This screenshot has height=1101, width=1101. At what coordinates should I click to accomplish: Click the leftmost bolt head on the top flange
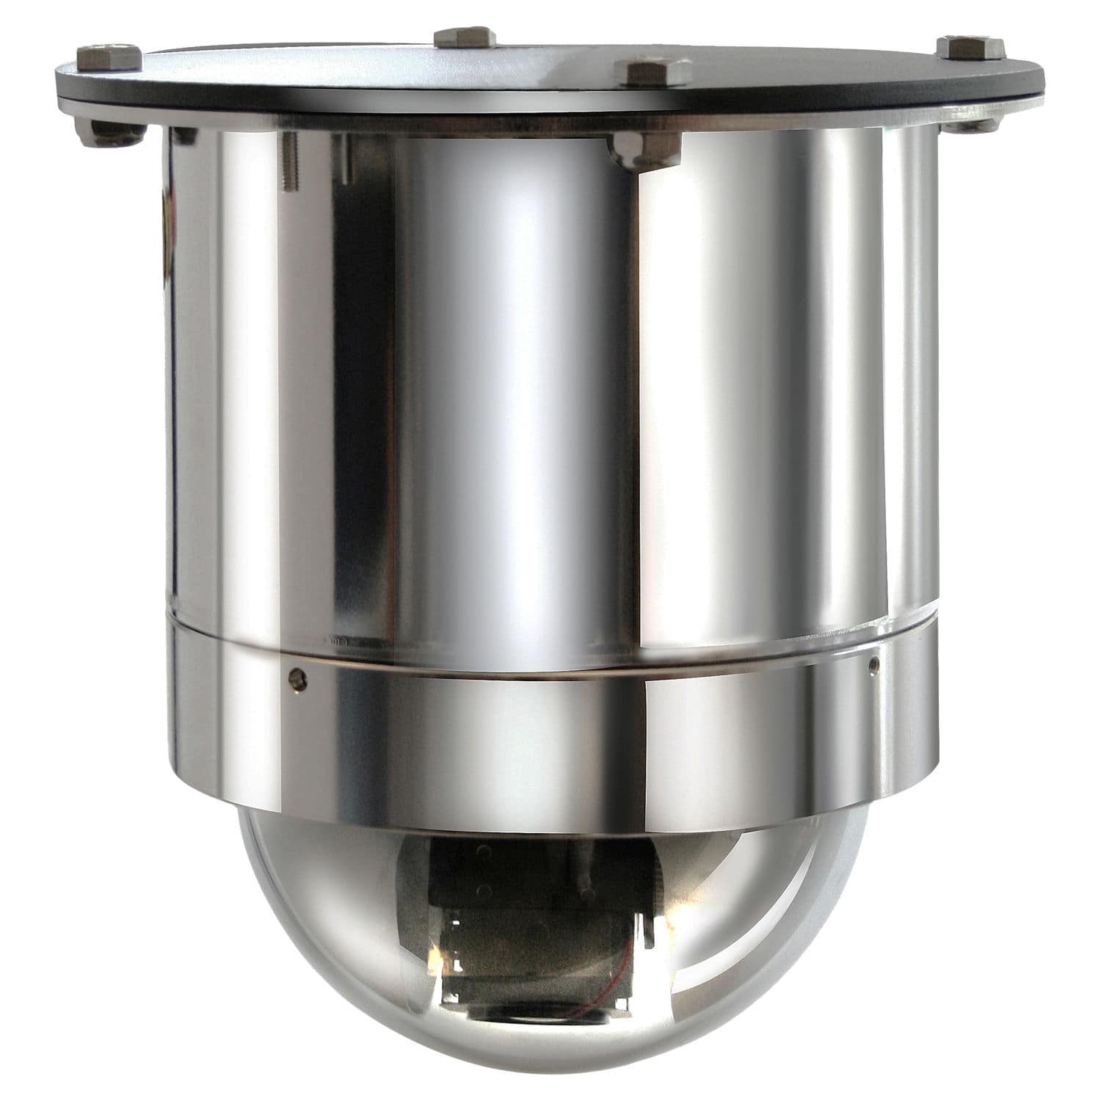(109, 56)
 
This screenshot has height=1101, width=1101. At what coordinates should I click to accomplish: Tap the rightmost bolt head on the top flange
(969, 47)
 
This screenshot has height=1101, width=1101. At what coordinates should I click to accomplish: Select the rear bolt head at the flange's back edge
(465, 37)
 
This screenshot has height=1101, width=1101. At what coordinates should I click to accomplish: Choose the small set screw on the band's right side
(873, 665)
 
